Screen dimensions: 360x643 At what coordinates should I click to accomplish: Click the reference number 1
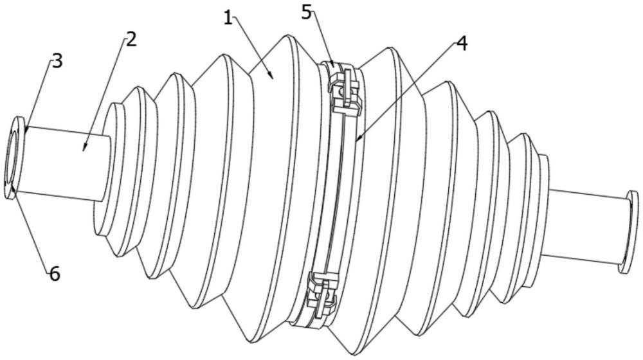pos(227,18)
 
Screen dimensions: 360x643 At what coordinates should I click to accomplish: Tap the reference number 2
pos(131,39)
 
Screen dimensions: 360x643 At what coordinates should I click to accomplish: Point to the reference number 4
pos(461,44)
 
